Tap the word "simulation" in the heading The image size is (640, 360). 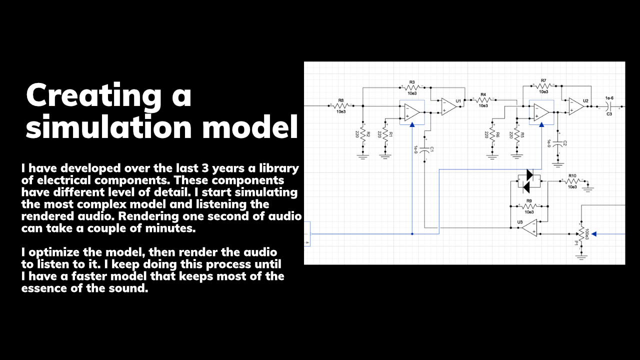pyautogui.click(x=108, y=126)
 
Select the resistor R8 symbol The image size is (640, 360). pyautogui.click(x=341, y=105)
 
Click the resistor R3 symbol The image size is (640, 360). pyautogui.click(x=412, y=87)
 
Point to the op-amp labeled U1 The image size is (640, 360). pyautogui.click(x=448, y=106)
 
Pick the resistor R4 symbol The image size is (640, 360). pyautogui.click(x=483, y=99)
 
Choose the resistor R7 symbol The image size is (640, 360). pyautogui.click(x=543, y=85)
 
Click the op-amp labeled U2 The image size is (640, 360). pyautogui.click(x=576, y=106)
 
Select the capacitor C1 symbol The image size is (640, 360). pyautogui.click(x=424, y=149)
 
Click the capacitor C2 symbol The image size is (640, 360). pyautogui.click(x=557, y=143)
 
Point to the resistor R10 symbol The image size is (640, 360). pyautogui.click(x=573, y=181)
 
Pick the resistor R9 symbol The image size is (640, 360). pyautogui.click(x=529, y=206)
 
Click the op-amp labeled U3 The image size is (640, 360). pyautogui.click(x=529, y=227)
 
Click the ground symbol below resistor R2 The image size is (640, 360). pyautogui.click(x=363, y=156)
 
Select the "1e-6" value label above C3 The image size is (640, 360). pyautogui.click(x=609, y=98)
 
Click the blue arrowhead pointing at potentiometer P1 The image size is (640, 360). pyautogui.click(x=594, y=234)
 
